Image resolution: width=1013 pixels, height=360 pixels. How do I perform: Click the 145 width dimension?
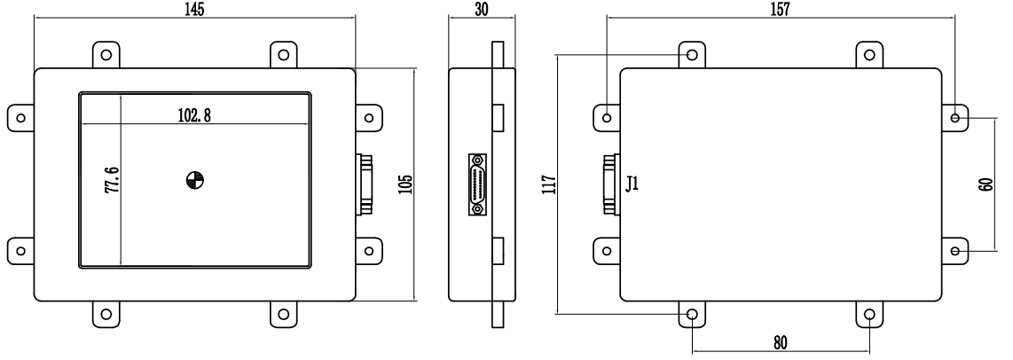193,9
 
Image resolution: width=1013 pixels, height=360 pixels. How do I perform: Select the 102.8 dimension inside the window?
194,115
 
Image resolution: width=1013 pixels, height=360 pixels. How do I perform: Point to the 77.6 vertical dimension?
112,180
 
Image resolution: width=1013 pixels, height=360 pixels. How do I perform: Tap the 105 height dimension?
405,184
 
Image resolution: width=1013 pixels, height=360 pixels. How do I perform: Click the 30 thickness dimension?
482,9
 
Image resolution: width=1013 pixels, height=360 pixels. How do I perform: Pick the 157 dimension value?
780,9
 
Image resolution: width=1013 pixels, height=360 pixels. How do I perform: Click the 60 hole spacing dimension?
986,184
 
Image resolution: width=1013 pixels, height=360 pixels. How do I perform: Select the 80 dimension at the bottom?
781,342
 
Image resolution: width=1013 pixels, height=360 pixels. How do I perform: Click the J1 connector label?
632,184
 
